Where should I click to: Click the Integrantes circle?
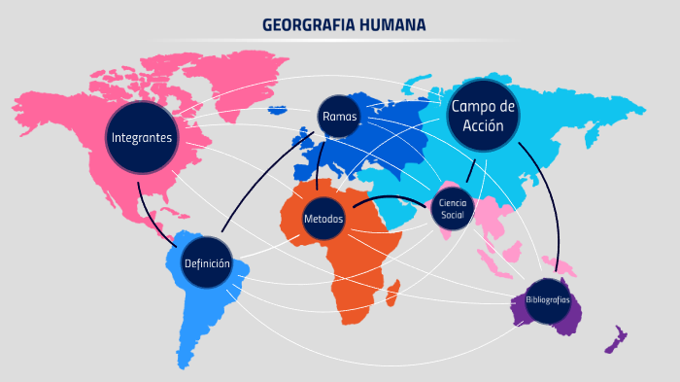click(143, 138)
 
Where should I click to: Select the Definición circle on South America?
click(207, 263)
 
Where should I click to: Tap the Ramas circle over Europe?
click(339, 117)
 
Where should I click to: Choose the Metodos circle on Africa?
click(323, 219)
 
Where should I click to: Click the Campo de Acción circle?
click(483, 116)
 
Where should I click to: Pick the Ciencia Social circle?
click(453, 208)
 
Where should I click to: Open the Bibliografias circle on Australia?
click(547, 300)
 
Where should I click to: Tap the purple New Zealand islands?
click(614, 341)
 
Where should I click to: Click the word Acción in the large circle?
click(483, 126)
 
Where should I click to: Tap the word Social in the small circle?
click(453, 214)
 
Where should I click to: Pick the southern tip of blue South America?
click(186, 362)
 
